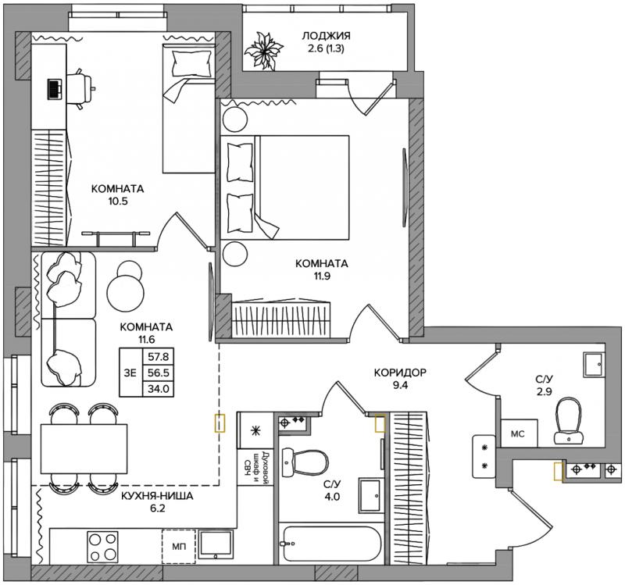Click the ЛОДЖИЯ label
326,36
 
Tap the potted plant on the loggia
263,50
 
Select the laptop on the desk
55,89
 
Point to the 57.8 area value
159,356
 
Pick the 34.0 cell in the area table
159,388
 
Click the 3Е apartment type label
130,373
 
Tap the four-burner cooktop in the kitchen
103,547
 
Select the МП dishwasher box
179,547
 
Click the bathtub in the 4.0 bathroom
330,544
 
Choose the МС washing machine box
519,433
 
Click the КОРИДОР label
400,373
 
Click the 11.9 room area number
322,276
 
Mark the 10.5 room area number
118,201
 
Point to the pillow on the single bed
192,64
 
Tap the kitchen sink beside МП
216,545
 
